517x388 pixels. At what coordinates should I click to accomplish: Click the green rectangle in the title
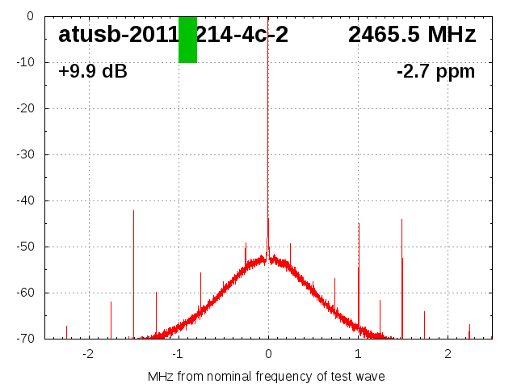(x=187, y=39)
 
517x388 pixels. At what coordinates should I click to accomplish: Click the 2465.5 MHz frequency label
(x=412, y=35)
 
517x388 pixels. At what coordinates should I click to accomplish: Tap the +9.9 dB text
(x=93, y=72)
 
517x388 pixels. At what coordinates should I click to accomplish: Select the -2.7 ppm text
(x=435, y=72)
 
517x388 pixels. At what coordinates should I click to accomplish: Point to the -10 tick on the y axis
(x=26, y=62)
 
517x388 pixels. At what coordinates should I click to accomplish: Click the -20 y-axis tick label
(x=26, y=108)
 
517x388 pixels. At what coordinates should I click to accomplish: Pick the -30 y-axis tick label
(x=26, y=154)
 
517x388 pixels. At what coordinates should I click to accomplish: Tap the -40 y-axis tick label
(x=26, y=200)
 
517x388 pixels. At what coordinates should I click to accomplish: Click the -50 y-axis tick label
(x=26, y=247)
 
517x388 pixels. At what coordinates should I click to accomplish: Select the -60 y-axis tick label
(x=26, y=293)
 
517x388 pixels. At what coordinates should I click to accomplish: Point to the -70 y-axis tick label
(x=26, y=339)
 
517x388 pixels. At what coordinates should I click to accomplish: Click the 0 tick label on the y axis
(x=30, y=16)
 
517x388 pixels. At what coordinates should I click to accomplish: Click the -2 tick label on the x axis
(x=88, y=354)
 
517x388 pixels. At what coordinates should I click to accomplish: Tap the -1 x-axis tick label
(x=178, y=354)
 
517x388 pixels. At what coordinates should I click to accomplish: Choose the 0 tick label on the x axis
(x=268, y=354)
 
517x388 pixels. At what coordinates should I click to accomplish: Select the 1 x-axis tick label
(x=358, y=354)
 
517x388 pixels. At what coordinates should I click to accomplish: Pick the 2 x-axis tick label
(x=448, y=354)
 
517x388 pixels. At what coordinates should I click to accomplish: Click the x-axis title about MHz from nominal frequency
(x=267, y=377)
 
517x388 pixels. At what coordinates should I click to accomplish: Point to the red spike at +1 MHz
(x=359, y=267)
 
